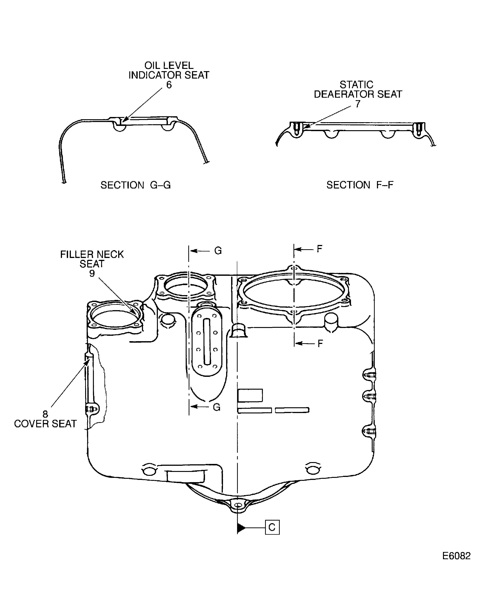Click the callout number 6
[x=169, y=85]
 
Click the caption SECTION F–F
[x=360, y=185]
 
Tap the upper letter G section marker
[x=218, y=251]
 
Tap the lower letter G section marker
[x=216, y=407]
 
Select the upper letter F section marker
[x=320, y=249]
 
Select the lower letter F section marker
[x=320, y=344]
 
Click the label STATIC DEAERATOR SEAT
[x=357, y=90]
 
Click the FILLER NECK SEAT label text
[x=92, y=259]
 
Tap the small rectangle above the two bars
[x=250, y=395]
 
